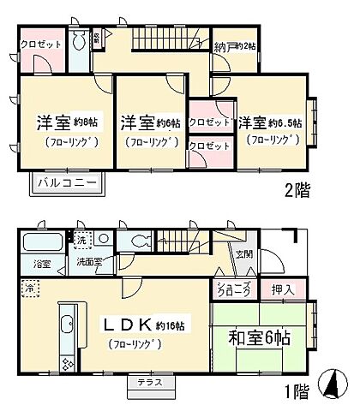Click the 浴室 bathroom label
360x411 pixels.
coord(40,263)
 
